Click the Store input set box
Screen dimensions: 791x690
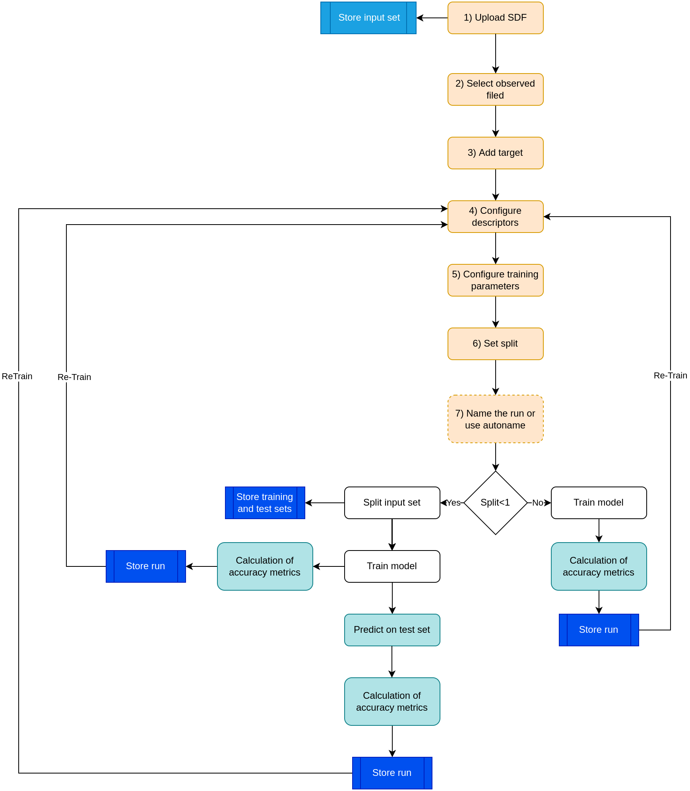(x=368, y=18)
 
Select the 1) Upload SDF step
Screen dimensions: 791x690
(x=495, y=18)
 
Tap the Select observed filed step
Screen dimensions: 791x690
(x=495, y=89)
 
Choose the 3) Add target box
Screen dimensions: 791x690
(x=495, y=153)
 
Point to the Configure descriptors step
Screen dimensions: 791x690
(x=495, y=217)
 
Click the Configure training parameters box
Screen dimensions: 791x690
(x=495, y=280)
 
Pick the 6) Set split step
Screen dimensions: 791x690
(x=495, y=344)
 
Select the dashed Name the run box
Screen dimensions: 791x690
(x=495, y=419)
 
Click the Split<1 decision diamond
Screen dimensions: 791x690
(x=495, y=503)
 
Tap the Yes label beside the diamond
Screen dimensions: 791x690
(x=453, y=503)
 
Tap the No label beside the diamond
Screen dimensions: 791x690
(x=537, y=503)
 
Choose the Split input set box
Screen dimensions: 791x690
(x=392, y=503)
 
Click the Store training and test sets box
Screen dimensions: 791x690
(x=265, y=503)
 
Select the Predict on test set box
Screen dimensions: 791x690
(x=392, y=630)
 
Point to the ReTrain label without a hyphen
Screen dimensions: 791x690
(x=17, y=376)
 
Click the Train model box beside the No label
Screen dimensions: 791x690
(x=599, y=503)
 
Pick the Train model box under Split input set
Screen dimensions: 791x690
(x=392, y=566)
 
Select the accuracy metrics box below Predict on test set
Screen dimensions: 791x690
(x=392, y=702)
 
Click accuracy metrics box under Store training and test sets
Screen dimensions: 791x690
(x=265, y=566)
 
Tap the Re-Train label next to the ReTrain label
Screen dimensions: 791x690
(x=74, y=377)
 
